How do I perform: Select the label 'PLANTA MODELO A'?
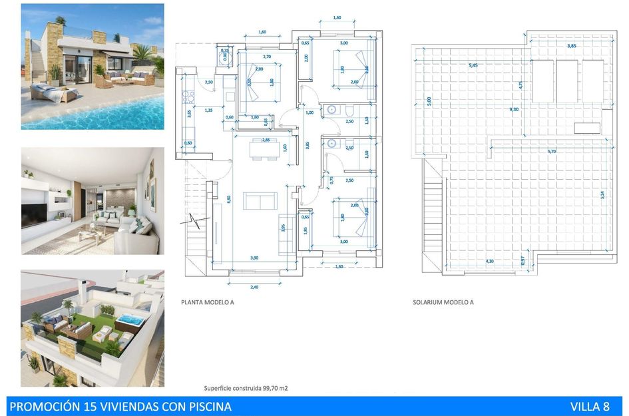[207, 302]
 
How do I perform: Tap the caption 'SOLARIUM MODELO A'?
[443, 302]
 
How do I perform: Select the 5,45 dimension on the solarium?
[473, 65]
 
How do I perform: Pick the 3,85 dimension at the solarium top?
[571, 46]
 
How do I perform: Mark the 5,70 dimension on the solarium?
[551, 152]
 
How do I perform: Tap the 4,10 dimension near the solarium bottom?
[490, 261]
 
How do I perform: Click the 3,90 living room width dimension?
[254, 257]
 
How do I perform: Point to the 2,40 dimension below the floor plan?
[254, 287]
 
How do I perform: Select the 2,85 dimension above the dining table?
[266, 140]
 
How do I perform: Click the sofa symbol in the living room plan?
[260, 201]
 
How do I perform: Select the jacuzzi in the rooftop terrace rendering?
[130, 321]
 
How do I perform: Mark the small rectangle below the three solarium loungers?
[586, 128]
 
